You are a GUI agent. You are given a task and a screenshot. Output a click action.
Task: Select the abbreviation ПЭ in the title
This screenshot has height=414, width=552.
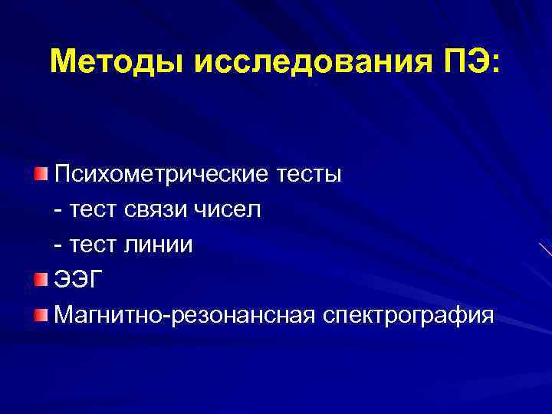pos(468,61)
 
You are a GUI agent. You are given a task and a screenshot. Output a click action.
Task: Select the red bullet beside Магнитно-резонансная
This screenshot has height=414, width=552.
pos(41,314)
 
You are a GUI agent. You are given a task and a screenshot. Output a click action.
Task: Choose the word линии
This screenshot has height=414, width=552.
pos(160,245)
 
